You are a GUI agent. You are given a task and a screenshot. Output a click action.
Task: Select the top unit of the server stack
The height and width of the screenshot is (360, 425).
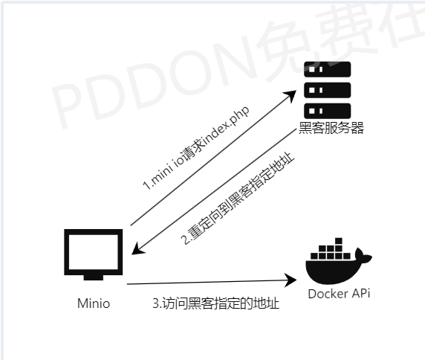(327, 69)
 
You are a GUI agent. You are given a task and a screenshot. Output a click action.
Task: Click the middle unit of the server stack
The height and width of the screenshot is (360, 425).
(327, 90)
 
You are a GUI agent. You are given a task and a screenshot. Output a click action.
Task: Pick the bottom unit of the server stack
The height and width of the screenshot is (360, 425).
(327, 111)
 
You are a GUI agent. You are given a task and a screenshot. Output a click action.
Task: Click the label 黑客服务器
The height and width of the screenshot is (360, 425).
(331, 128)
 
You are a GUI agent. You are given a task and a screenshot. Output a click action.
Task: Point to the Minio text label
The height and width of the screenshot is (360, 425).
(94, 303)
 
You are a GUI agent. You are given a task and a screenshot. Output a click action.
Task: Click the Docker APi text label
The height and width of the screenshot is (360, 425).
(339, 294)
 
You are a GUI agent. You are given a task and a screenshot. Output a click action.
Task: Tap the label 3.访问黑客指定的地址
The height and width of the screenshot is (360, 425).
(215, 303)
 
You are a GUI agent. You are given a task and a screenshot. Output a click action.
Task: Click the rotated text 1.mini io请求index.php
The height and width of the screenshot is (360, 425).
(195, 148)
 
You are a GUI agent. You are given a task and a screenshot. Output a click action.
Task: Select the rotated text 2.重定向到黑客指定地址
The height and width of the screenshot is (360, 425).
(238, 198)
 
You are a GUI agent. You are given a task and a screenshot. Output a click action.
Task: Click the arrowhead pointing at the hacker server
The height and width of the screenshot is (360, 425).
(291, 95)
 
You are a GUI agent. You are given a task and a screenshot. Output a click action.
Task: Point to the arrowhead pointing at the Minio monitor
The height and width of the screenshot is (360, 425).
(137, 249)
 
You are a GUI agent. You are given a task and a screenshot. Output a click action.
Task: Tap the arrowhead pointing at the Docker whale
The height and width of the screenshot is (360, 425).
(291, 280)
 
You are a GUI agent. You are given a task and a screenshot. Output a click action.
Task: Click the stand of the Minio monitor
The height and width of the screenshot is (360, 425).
(93, 277)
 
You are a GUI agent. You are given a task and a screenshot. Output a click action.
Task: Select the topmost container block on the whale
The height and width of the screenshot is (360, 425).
(339, 241)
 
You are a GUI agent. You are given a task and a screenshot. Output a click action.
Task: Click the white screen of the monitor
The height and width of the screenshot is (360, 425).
(93, 252)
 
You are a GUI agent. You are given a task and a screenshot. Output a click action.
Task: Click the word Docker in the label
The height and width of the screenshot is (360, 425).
(325, 294)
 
